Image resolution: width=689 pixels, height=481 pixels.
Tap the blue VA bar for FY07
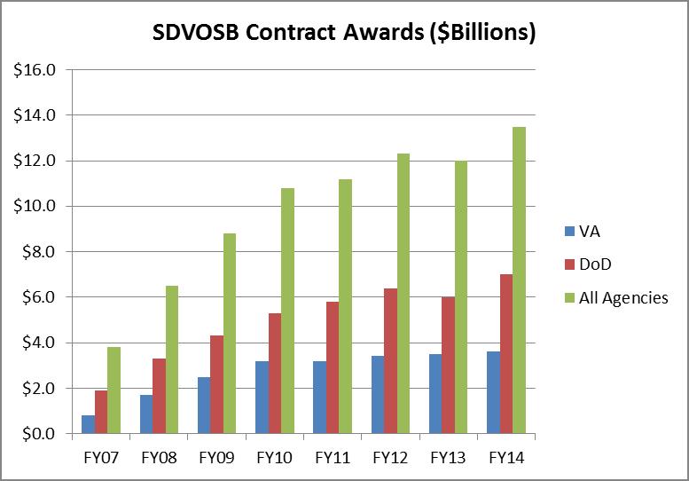(x=88, y=424)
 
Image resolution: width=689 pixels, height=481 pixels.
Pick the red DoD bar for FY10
(x=275, y=374)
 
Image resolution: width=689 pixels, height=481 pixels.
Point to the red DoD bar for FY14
(x=506, y=354)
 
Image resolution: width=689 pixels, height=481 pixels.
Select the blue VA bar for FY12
(x=378, y=395)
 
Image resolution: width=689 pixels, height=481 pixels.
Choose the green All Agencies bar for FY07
(x=114, y=390)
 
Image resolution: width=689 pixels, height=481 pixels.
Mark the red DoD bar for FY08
(x=159, y=396)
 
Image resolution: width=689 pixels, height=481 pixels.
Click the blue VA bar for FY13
(x=435, y=394)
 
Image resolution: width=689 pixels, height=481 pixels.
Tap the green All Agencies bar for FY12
(x=403, y=294)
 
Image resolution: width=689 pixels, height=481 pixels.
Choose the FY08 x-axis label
(x=159, y=460)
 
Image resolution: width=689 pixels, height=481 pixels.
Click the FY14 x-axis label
(x=506, y=460)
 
